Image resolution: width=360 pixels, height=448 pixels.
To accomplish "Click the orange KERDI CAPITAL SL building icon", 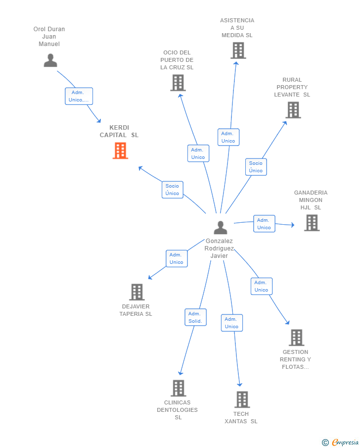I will click(x=120, y=150).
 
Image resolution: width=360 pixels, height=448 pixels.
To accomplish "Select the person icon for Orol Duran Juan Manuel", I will click(x=50, y=60).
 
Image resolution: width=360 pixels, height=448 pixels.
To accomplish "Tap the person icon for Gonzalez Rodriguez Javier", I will click(x=220, y=228).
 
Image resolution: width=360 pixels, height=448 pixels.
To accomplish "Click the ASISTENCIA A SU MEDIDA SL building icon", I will click(x=238, y=50).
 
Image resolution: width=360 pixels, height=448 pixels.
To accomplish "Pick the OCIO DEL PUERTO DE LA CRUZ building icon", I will click(x=178, y=83).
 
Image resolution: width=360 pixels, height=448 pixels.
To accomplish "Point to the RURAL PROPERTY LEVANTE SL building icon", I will click(x=293, y=110).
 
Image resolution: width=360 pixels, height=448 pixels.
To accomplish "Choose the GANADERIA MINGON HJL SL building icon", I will click(x=312, y=223).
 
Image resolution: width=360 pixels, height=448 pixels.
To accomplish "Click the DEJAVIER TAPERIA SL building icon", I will click(x=136, y=292).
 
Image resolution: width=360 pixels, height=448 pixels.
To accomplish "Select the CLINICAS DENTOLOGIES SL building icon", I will click(x=178, y=388).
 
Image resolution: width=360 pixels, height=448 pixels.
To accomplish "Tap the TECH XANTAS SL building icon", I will click(x=241, y=399).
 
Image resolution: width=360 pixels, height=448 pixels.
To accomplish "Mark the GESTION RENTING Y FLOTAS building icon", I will click(x=296, y=338).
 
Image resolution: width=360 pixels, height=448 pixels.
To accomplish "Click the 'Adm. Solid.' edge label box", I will click(x=195, y=317).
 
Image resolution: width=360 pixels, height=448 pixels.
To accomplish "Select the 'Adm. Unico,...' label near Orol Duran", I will click(x=79, y=96).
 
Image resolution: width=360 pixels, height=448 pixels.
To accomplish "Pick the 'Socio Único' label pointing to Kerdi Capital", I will click(x=172, y=190).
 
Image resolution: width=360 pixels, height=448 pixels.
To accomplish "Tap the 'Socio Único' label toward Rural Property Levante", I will click(x=256, y=167).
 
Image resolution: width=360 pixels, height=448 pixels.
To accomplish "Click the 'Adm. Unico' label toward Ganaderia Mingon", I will click(x=264, y=224).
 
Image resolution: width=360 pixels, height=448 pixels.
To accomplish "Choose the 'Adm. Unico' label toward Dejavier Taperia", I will click(x=177, y=258).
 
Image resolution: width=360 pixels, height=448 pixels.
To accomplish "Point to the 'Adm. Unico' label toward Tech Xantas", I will click(x=231, y=323).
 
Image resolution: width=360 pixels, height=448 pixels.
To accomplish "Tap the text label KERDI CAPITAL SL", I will click(x=119, y=131).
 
